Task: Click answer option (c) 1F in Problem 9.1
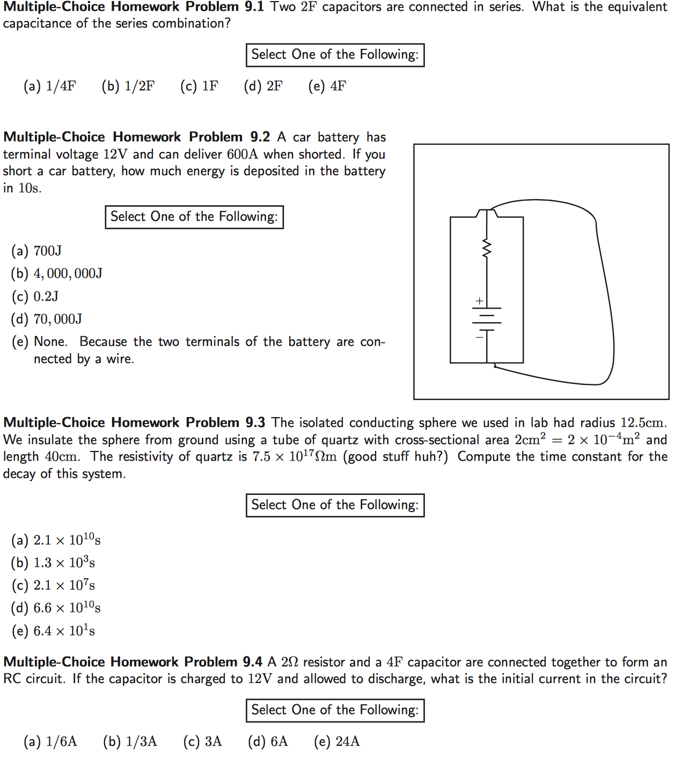(x=200, y=86)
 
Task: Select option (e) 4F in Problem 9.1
(x=327, y=86)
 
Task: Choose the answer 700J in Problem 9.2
(x=37, y=251)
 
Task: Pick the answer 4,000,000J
(x=57, y=274)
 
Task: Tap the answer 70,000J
(x=47, y=319)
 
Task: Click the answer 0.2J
(x=35, y=297)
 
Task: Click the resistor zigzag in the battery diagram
(x=487, y=249)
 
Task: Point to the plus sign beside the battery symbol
(x=479, y=301)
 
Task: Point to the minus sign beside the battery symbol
(x=479, y=337)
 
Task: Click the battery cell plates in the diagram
(x=487, y=319)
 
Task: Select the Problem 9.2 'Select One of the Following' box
(x=194, y=217)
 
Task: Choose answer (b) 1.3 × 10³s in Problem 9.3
(x=54, y=563)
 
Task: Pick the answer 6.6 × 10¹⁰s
(x=56, y=608)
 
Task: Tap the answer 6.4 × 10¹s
(x=54, y=631)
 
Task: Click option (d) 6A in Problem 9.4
(x=268, y=742)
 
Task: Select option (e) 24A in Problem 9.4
(x=337, y=742)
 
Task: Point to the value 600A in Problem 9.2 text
(x=242, y=155)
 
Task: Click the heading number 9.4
(x=252, y=662)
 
